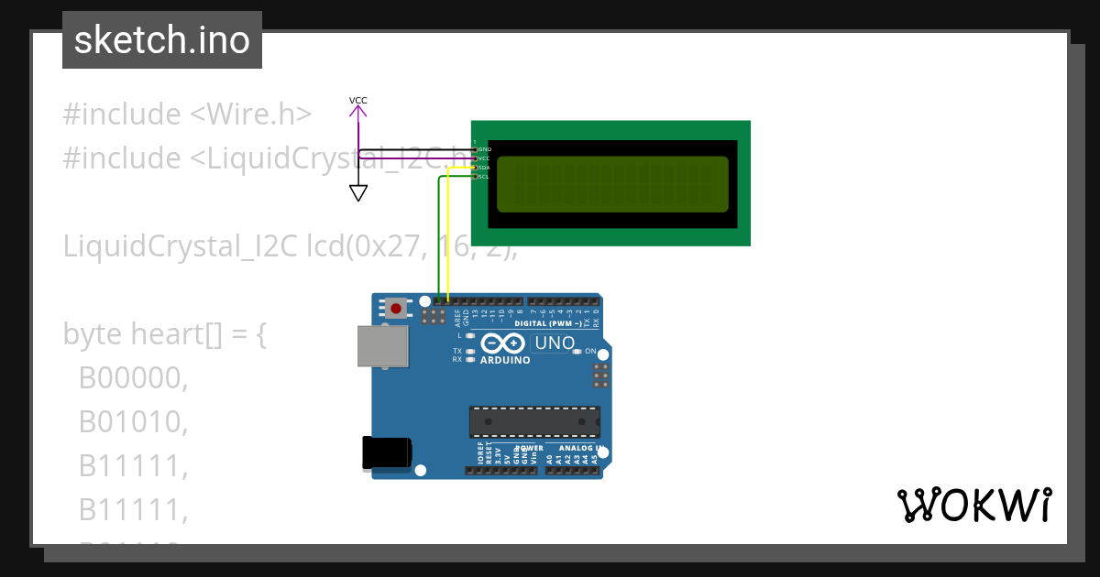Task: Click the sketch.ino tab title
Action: (161, 40)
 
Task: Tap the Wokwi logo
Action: (973, 505)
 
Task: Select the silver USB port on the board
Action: (382, 346)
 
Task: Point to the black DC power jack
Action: (387, 453)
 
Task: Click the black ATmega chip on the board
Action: (534, 421)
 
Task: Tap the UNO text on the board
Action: (554, 343)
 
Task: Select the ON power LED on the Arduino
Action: (577, 352)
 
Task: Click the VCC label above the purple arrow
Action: (358, 100)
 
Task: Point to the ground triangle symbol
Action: (358, 192)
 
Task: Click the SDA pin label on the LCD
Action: (484, 168)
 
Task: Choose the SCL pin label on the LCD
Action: (484, 177)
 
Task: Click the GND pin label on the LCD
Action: (485, 148)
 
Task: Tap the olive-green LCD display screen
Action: (612, 184)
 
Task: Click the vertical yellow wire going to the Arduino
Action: (448, 238)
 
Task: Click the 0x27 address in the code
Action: (384, 246)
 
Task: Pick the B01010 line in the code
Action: (133, 421)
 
